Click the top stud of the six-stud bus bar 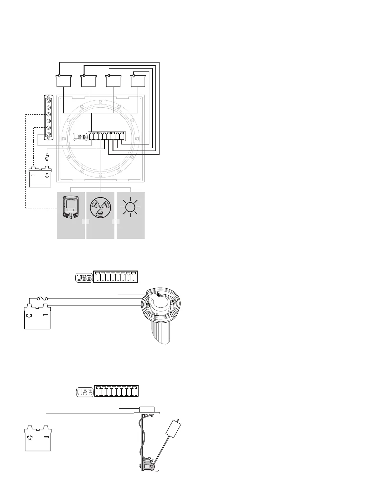coord(49,101)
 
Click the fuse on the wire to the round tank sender coord(42,298)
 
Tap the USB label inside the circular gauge coord(80,137)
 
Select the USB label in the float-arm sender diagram coord(85,392)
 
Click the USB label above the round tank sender coord(84,278)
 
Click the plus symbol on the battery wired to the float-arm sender coord(30,437)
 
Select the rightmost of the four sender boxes coord(139,81)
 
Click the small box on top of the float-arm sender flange coord(147,409)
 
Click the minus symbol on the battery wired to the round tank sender coord(45,316)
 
